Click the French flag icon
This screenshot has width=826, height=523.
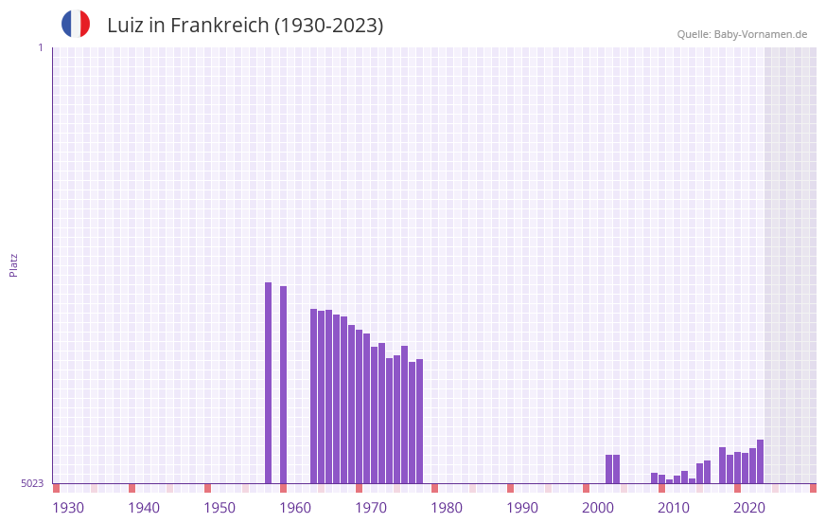76,24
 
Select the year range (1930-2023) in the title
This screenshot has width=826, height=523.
328,26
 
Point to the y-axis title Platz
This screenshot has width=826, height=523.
13,264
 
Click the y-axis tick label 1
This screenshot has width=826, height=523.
40,47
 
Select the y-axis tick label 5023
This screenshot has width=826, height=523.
32,483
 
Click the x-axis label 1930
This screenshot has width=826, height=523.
68,508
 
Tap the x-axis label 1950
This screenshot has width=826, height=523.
220,508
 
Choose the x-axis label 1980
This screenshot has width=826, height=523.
447,508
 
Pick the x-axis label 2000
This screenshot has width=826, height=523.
598,508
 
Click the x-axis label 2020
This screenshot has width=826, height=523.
749,508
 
